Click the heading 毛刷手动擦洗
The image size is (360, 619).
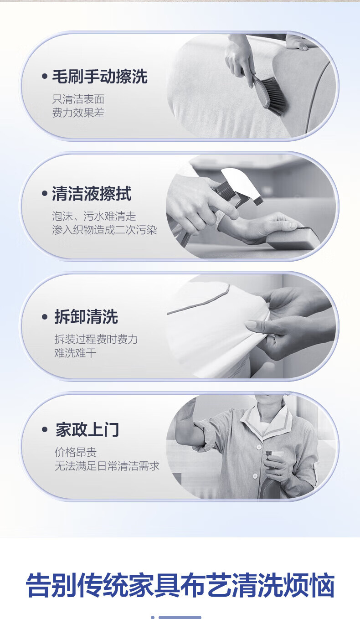coord(100,77)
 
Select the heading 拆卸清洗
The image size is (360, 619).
coord(86,316)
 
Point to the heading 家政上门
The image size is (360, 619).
coord(87,429)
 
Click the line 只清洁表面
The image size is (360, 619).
coord(78,99)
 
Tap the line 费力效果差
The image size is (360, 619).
coord(78,113)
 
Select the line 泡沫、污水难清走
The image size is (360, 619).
coord(94,216)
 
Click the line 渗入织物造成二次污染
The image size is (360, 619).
coord(104,230)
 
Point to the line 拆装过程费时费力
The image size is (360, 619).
coord(96,339)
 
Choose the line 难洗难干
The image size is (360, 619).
coord(75,353)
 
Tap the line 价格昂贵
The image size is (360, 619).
coord(76,452)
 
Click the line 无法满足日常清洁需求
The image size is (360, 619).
coord(107,466)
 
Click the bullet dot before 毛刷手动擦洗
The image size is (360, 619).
coord(45,76)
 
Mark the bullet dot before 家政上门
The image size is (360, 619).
coord(45,430)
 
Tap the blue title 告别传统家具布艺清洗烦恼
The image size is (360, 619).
coord(180,585)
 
